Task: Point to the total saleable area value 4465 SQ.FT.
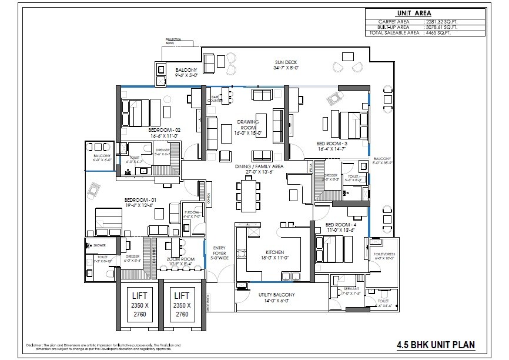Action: pyautogui.click(x=442, y=33)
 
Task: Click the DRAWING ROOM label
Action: pyautogui.click(x=247, y=125)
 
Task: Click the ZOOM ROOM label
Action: pyautogui.click(x=180, y=259)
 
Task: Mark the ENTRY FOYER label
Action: pyautogui.click(x=219, y=252)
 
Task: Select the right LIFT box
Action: pyautogui.click(x=181, y=305)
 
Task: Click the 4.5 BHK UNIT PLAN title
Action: pyautogui.click(x=436, y=345)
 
